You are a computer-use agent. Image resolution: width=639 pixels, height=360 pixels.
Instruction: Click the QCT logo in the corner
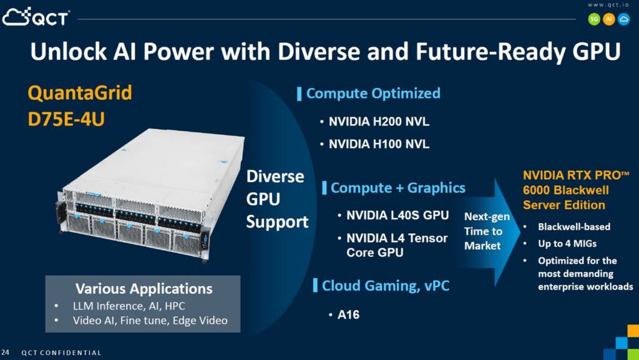click(36, 17)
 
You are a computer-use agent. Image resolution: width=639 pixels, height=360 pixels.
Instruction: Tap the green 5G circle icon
click(594, 19)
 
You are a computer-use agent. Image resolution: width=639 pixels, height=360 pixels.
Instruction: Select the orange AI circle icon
click(609, 19)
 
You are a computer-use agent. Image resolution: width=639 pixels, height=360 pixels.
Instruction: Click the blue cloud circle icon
click(623, 19)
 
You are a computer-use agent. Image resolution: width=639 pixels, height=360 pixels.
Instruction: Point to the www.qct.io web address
click(608, 5)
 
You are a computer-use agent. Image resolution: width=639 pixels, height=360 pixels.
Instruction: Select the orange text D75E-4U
click(66, 119)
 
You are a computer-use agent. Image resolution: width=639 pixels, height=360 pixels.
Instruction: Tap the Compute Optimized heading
click(373, 93)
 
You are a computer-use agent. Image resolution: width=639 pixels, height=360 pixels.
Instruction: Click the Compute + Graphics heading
click(398, 188)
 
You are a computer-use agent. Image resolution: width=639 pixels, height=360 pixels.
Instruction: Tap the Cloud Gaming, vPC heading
click(386, 286)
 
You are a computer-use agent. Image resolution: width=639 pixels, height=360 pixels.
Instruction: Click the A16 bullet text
click(348, 315)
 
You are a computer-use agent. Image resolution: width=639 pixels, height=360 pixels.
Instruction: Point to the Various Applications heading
click(144, 289)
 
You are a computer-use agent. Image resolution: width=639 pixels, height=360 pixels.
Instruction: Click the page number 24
click(5, 353)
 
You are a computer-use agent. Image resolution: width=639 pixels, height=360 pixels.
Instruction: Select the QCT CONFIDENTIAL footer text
click(61, 353)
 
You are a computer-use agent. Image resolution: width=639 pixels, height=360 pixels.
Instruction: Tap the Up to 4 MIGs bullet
click(567, 243)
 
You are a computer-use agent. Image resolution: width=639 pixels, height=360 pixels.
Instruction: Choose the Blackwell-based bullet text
click(574, 227)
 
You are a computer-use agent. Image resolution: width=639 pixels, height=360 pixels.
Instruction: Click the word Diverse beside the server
click(275, 177)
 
